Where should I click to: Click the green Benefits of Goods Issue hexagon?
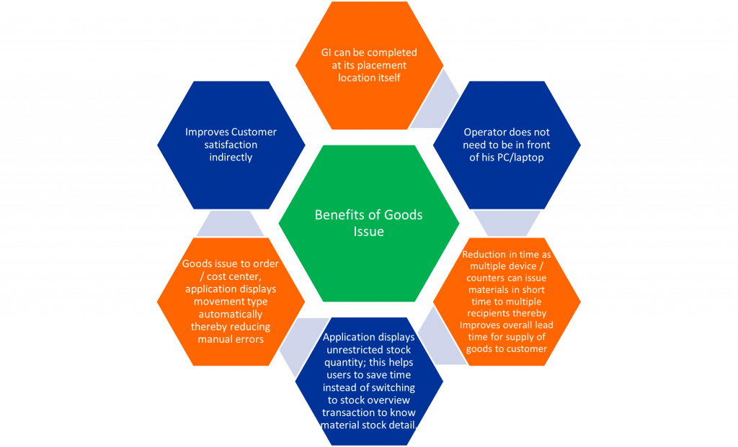pos(369,223)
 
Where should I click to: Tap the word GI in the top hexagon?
pos(326,53)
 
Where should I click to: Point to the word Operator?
pos(482,132)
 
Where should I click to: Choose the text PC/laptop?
pos(520,158)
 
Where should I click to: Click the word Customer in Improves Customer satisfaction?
pos(254,132)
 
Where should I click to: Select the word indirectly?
pos(231,158)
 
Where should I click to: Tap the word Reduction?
pos(484,254)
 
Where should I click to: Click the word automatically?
pos(231,315)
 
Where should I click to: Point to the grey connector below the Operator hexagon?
pos(507,223)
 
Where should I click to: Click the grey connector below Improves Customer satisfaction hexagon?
pos(230,223)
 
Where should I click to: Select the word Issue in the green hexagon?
pos(368,231)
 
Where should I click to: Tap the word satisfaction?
pos(231,145)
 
